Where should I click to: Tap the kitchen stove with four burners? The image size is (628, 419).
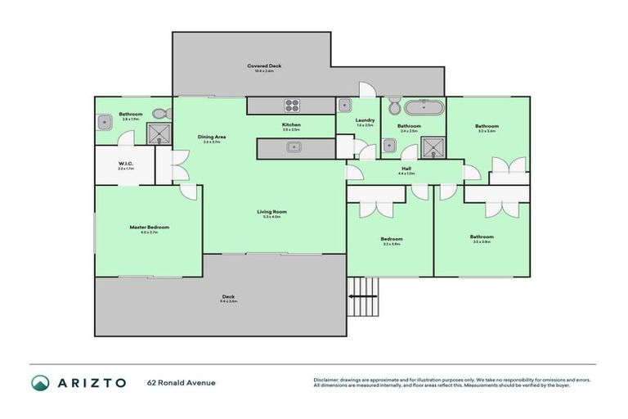pos(293,105)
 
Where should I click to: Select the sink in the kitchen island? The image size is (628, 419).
pos(292,148)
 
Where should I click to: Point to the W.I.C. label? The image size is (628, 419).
pos(124,163)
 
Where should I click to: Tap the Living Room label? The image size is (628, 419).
pos(271,211)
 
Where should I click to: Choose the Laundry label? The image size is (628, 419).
pos(365,120)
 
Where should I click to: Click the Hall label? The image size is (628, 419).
pos(406,169)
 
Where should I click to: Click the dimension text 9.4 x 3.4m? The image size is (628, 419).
pos(228,302)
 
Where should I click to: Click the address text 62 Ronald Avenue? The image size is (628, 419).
pos(182,382)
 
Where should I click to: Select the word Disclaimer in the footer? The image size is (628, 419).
pos(326,380)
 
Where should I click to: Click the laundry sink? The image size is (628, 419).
pos(345,105)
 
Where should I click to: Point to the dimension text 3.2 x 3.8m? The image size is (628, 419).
pos(391,244)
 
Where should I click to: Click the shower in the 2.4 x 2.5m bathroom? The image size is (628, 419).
pos(430,147)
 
